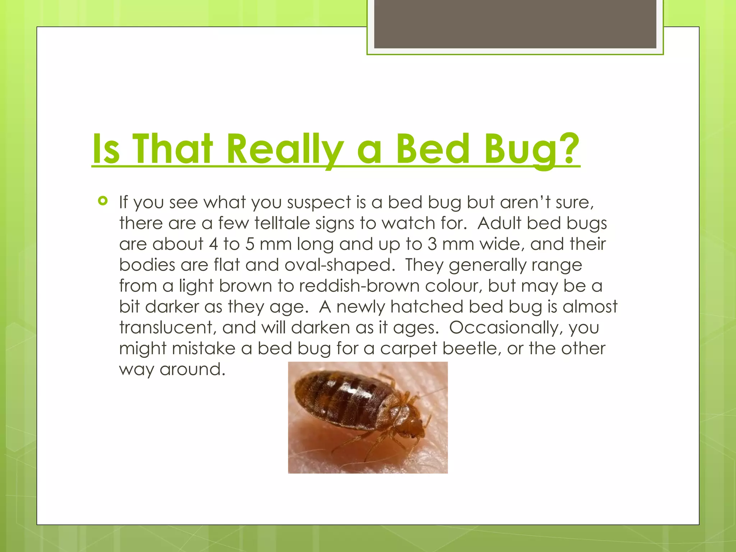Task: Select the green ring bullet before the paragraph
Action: click(x=103, y=201)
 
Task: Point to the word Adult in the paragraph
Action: click(x=499, y=223)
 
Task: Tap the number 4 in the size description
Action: click(x=213, y=244)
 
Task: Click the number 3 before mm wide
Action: click(x=432, y=244)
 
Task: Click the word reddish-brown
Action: click(x=359, y=286)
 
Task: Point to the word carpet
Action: click(x=408, y=349)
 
